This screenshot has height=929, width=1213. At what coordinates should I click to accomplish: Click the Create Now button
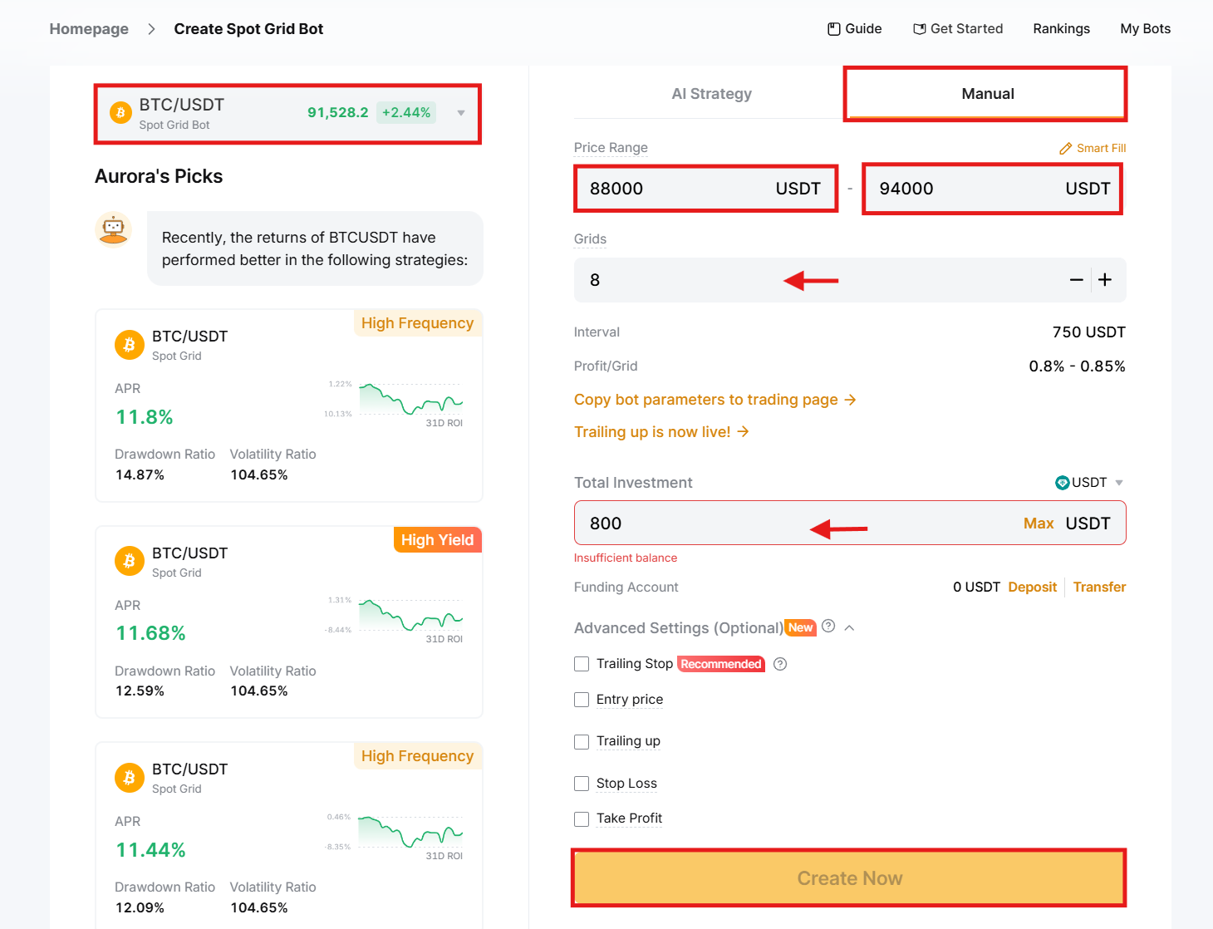[x=849, y=878]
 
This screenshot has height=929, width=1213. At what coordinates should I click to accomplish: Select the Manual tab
[x=987, y=94]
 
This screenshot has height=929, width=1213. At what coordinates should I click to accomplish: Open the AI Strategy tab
[x=711, y=94]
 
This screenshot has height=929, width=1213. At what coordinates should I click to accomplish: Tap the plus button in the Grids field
[x=1105, y=280]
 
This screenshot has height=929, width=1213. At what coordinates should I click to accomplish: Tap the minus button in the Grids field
[x=1076, y=280]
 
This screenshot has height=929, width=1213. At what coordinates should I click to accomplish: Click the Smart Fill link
[x=1093, y=148]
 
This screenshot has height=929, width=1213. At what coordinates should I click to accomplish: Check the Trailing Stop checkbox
[x=582, y=664]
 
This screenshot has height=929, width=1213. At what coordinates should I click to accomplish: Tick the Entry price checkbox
[x=582, y=700]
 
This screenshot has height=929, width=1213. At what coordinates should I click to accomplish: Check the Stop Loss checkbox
[x=582, y=784]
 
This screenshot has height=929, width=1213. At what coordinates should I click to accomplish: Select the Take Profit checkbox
[x=582, y=818]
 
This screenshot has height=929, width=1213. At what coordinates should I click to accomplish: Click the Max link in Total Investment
[x=1039, y=523]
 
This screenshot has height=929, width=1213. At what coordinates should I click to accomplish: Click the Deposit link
[x=1032, y=587]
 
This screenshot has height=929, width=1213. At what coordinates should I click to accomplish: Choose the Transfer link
[x=1099, y=587]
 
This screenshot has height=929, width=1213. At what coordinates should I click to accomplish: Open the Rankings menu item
[x=1061, y=29]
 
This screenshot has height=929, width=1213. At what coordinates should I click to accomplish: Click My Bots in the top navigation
[x=1145, y=29]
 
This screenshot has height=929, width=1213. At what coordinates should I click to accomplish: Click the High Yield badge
[x=437, y=540]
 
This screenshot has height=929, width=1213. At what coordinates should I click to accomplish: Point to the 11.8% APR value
[x=145, y=417]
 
